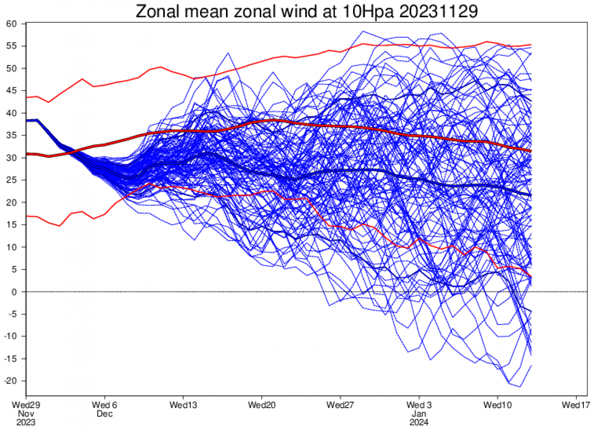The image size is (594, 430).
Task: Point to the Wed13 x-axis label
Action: pyautogui.click(x=183, y=405)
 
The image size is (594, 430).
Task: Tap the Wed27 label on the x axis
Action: pyautogui.click(x=341, y=405)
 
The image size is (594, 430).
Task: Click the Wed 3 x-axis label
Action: pyautogui.click(x=419, y=405)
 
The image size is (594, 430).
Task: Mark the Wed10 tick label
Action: pyautogui.click(x=498, y=405)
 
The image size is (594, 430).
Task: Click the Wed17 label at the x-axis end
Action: pyautogui.click(x=576, y=405)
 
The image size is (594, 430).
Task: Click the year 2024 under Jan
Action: pyautogui.click(x=419, y=423)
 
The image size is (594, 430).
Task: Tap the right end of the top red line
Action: pyautogui.click(x=531, y=45)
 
